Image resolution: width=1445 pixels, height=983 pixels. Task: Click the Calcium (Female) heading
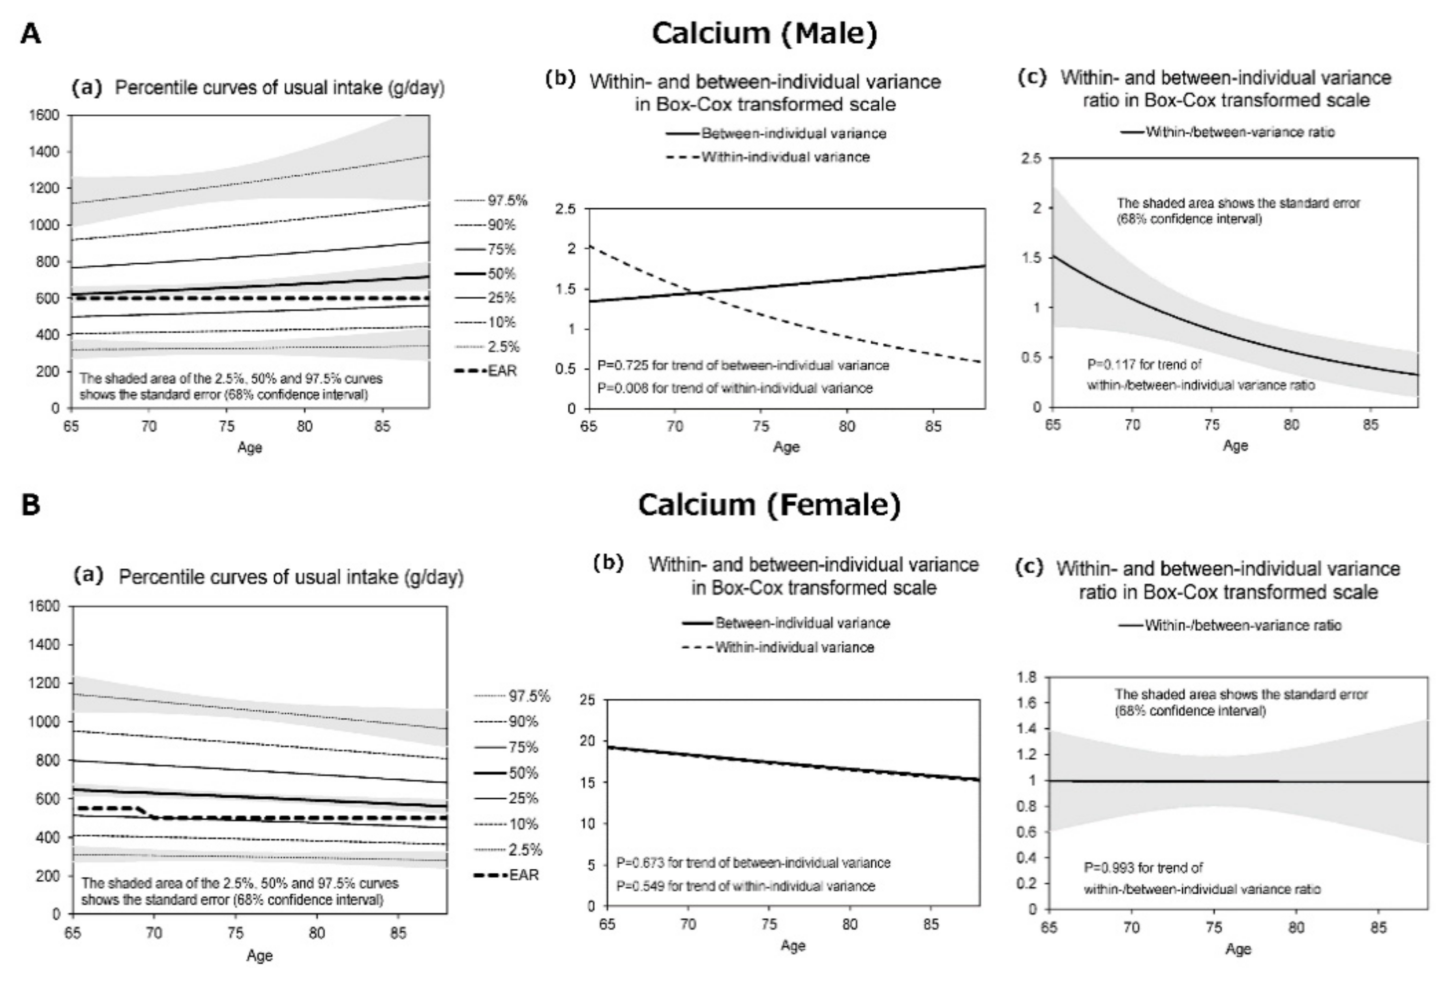click(x=769, y=504)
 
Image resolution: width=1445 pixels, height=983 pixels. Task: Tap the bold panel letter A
click(x=31, y=34)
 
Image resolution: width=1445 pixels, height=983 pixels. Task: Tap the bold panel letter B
click(x=31, y=505)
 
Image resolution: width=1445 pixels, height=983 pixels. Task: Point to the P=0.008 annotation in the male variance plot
click(x=734, y=389)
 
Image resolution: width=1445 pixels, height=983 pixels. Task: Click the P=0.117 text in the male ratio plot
click(x=1144, y=365)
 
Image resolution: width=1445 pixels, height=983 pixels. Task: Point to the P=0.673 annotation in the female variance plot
click(x=753, y=863)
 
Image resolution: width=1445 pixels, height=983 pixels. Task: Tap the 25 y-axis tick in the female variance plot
click(x=587, y=700)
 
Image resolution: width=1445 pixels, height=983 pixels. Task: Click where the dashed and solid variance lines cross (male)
click(x=700, y=293)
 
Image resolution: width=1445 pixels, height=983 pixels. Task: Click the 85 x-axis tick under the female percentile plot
click(x=398, y=933)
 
